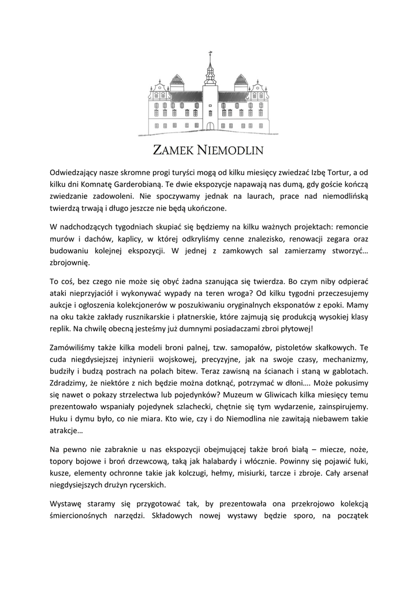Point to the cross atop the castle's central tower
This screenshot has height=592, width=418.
210,55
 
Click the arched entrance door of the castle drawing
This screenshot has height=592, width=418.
210,125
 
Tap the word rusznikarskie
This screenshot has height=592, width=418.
161,317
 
